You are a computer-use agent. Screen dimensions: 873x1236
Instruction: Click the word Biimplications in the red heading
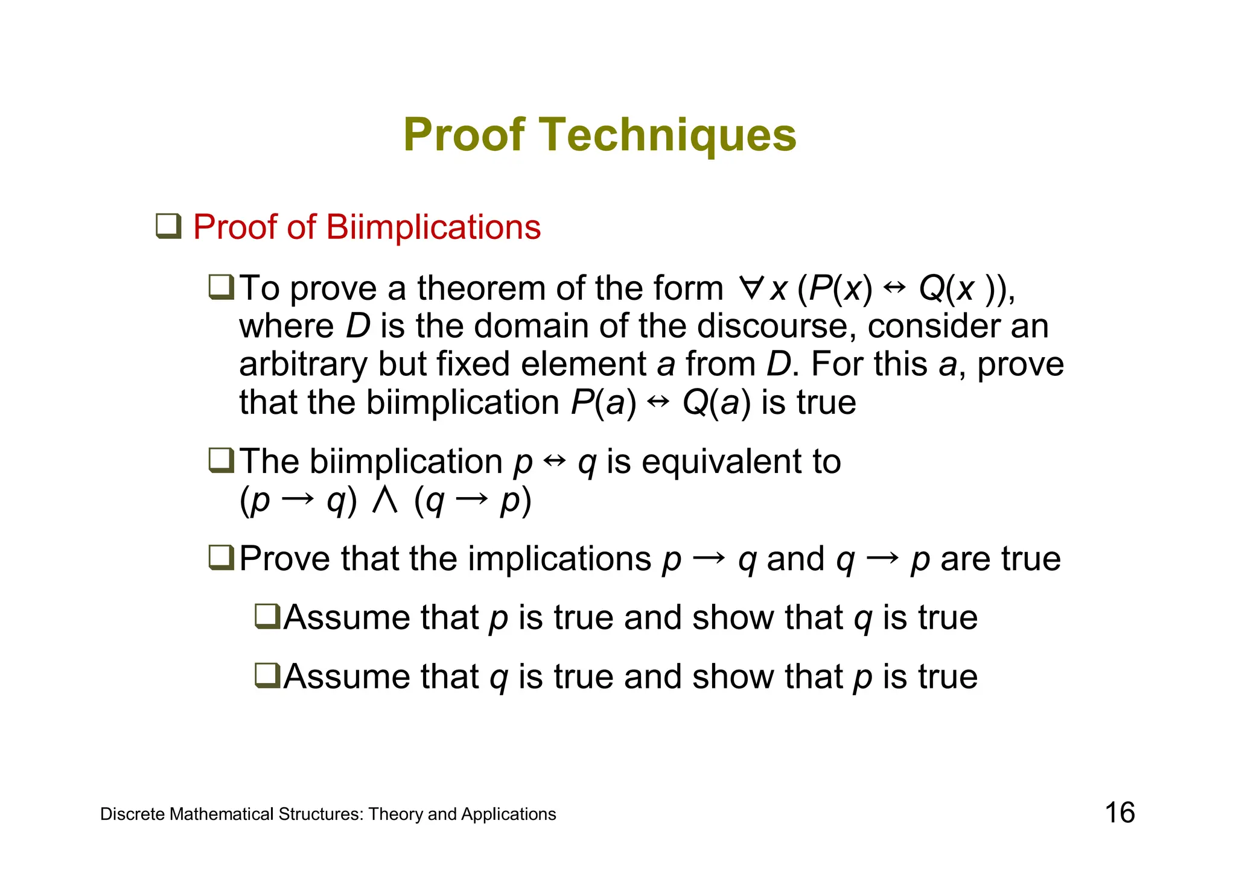(433, 227)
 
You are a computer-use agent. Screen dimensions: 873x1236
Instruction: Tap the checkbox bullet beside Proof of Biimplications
(168, 226)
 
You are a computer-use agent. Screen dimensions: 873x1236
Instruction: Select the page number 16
(1120, 813)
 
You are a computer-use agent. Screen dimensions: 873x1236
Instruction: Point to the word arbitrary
(303, 365)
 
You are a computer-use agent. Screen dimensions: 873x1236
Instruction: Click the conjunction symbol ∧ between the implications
(384, 500)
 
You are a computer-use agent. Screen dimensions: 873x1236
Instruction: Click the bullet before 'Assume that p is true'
(267, 617)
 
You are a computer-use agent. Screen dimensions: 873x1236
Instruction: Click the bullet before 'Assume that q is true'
(267, 675)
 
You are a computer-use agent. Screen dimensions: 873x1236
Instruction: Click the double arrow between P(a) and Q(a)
(658, 402)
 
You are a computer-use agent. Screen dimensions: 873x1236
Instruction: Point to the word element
(583, 365)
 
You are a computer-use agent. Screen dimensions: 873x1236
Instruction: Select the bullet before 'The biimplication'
(221, 461)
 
